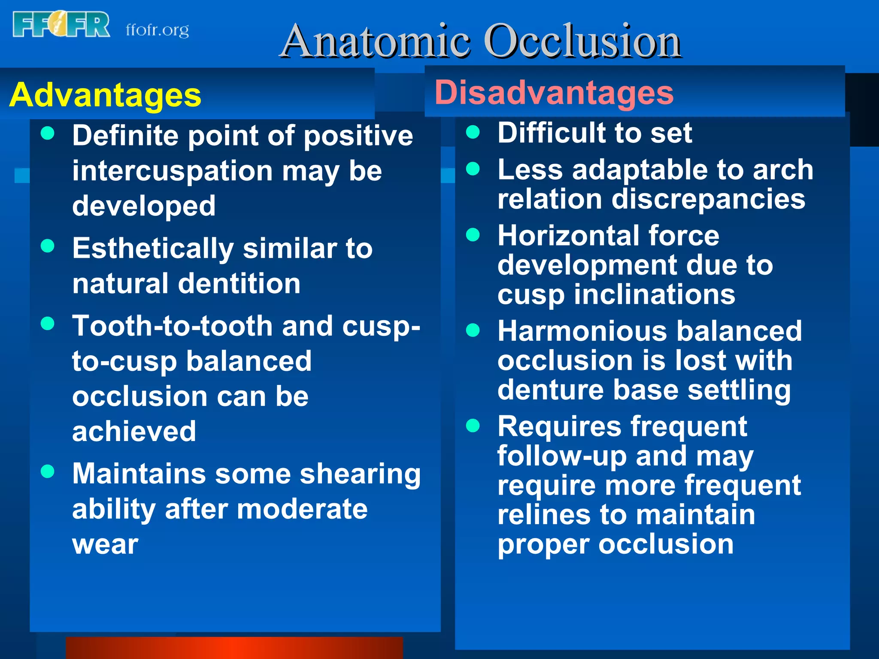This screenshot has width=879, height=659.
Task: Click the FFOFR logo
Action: coord(61,25)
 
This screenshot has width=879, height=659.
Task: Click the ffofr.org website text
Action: coord(157,30)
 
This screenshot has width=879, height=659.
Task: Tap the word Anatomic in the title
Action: coord(376,41)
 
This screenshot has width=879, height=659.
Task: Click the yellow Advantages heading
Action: coord(105,95)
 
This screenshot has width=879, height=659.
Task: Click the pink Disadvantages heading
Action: coord(554,93)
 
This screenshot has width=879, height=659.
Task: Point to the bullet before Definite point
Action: coord(48,133)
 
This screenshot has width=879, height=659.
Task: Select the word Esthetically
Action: coord(153,249)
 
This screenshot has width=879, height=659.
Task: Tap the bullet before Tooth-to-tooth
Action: coord(48,323)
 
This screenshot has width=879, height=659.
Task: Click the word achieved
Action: coord(134,431)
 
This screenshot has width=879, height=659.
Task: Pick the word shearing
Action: coord(360,474)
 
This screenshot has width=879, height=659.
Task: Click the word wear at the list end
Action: coord(105,544)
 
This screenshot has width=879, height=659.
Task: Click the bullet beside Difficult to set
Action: coord(473,132)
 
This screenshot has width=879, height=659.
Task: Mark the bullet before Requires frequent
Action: coord(473,426)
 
